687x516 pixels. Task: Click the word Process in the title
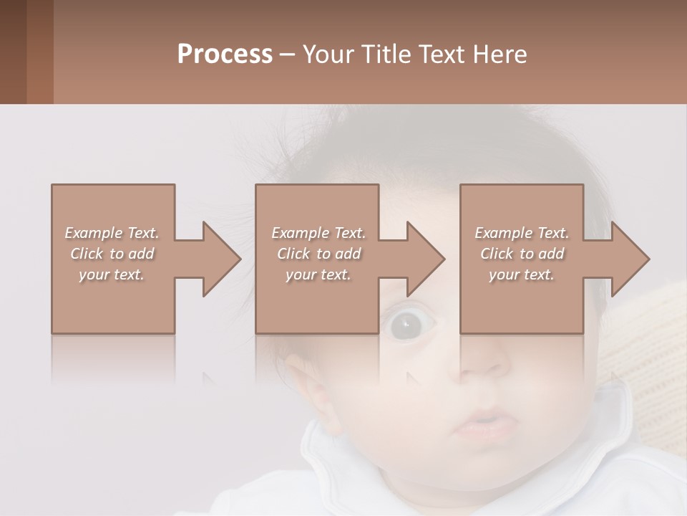[225, 54]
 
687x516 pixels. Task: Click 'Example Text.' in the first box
[112, 233]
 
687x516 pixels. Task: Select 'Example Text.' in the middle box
[318, 233]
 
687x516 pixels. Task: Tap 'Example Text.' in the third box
[522, 233]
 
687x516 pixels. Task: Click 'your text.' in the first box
[112, 274]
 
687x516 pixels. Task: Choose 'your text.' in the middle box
[318, 274]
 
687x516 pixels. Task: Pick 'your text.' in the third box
[522, 274]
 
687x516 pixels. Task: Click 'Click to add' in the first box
[112, 254]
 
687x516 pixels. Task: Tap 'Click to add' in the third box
[522, 254]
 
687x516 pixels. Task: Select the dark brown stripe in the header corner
[13, 52]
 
